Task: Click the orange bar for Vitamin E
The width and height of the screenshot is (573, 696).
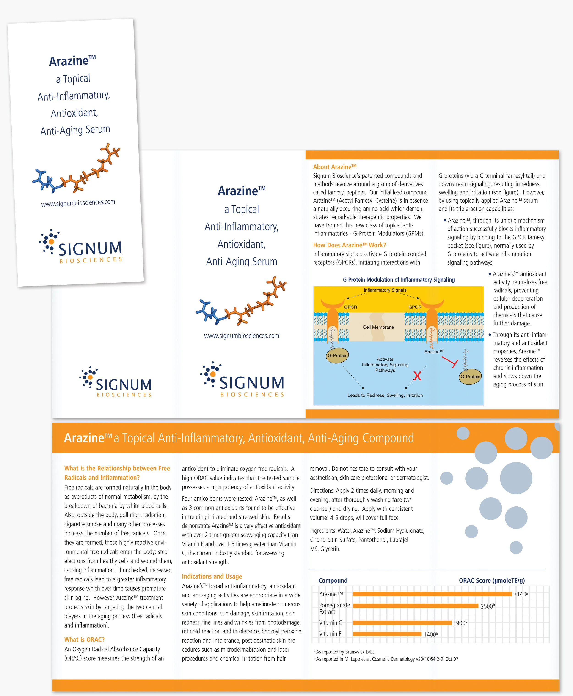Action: coord(387,634)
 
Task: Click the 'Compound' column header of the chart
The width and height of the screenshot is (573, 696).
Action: coord(333,581)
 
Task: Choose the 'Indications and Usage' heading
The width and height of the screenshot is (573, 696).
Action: coord(212,576)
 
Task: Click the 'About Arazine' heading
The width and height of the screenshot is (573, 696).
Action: coord(335,167)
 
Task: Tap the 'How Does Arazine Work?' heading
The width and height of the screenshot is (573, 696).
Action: coord(349,245)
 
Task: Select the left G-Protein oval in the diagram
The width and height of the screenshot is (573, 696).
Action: coord(337,356)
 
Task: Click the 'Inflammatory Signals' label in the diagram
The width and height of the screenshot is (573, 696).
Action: coord(385,290)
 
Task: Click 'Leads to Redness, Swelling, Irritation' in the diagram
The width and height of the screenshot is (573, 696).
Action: coord(385,395)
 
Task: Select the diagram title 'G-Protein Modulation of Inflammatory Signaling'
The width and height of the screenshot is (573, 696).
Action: coord(399,280)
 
